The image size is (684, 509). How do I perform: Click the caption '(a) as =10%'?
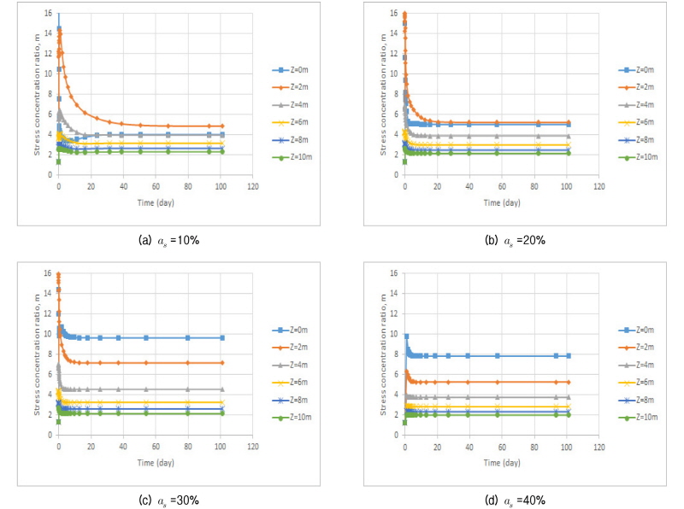click(168, 241)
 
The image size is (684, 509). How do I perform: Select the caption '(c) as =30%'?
click(168, 500)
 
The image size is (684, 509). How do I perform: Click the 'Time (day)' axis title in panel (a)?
click(154, 202)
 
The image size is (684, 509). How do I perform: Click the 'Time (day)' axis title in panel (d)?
click(501, 462)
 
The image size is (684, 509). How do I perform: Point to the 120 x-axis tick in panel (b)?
click(598, 185)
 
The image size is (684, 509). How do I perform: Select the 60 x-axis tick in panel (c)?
click(155, 445)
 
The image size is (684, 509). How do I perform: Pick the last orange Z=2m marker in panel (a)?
click(222, 126)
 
